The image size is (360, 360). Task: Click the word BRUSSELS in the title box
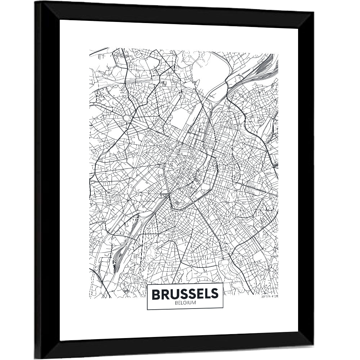[185, 294]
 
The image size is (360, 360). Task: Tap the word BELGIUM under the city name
[185, 303]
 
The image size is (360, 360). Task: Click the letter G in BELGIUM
[185, 303]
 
